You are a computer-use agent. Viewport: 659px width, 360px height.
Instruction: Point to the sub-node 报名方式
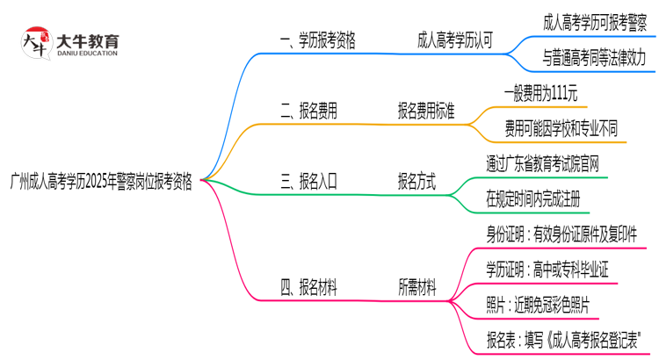[416, 182]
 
